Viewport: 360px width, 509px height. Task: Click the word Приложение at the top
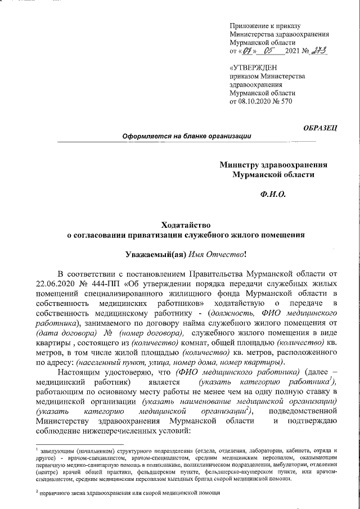pyautogui.click(x=251, y=26)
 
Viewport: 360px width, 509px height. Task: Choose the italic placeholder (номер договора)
pyautogui.click(x=149, y=332)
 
